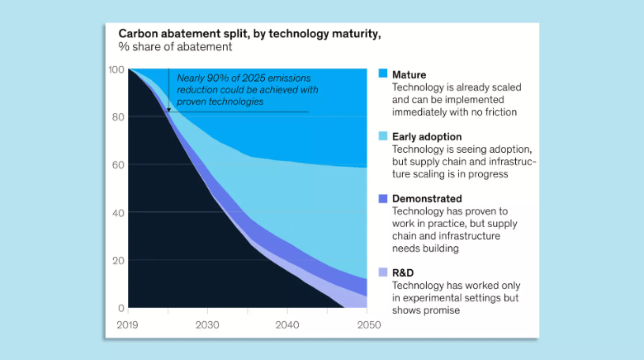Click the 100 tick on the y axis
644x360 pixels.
[x=116, y=69]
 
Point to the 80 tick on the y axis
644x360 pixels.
[x=118, y=117]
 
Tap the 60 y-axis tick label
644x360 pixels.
[x=118, y=165]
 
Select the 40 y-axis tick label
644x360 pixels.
[x=118, y=213]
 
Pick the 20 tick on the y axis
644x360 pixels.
[x=118, y=261]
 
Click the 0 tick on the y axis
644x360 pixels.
[x=121, y=308]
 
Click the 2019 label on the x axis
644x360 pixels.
[x=130, y=324]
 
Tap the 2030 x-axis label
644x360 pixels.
[x=207, y=324]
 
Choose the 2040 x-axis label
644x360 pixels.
[x=288, y=324]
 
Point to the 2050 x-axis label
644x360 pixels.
[x=368, y=324]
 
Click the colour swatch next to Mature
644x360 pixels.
[x=382, y=74]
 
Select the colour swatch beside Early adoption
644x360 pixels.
[x=382, y=136]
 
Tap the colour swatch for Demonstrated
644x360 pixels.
[x=382, y=199]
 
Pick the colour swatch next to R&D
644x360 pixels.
[x=382, y=272]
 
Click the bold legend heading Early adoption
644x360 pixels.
[x=427, y=136]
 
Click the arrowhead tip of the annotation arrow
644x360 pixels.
[x=168, y=110]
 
